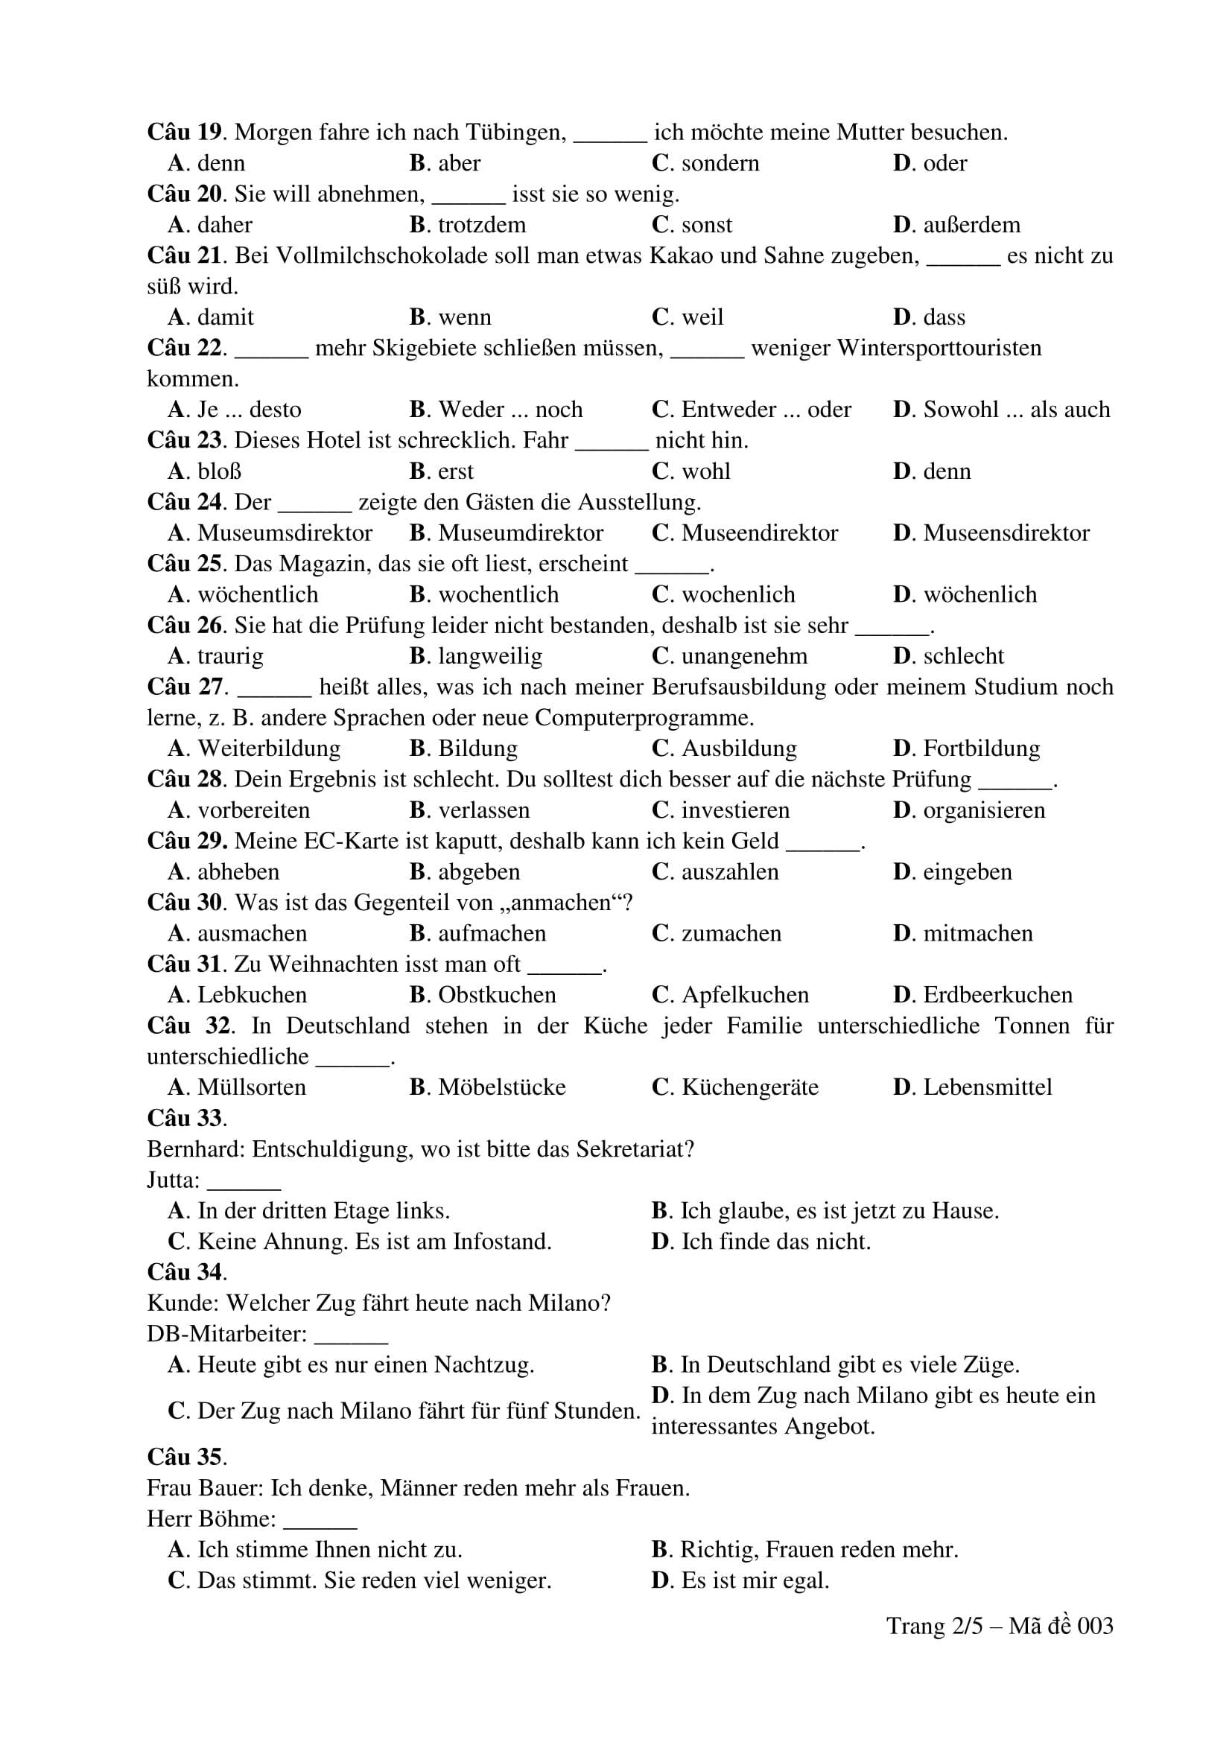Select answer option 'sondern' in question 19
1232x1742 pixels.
pos(720,164)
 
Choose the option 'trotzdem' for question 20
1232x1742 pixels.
pos(481,226)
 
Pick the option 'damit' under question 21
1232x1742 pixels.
pos(225,317)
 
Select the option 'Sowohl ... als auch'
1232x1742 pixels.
pos(1016,410)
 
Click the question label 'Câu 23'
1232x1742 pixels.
pos(184,440)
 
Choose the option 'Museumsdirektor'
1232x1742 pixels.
pos(285,533)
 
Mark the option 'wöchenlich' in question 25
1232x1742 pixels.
pos(979,595)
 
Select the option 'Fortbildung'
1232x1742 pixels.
pos(981,748)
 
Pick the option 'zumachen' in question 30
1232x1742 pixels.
pos(731,934)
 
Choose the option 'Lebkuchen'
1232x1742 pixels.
pos(252,996)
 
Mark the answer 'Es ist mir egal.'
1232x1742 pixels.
pos(754,1580)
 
